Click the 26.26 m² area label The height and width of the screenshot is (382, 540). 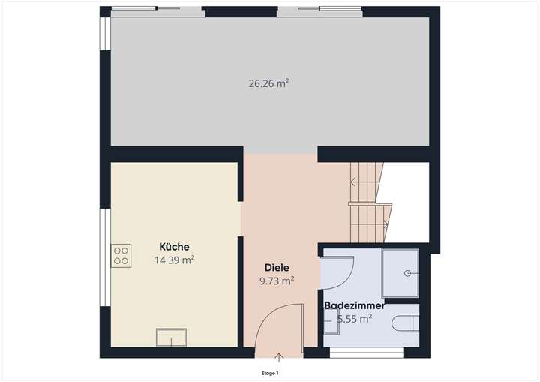[x=268, y=84]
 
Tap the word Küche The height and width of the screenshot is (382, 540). [x=174, y=247]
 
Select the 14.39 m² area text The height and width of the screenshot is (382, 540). [x=174, y=260]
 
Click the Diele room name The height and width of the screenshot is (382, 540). [x=277, y=268]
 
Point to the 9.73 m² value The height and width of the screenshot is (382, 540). [x=277, y=281]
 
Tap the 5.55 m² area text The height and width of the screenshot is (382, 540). [x=355, y=319]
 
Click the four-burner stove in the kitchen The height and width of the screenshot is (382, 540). [x=121, y=256]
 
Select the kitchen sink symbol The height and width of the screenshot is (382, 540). [x=172, y=338]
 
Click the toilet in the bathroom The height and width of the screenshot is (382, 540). [x=406, y=322]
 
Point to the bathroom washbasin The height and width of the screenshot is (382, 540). [x=328, y=321]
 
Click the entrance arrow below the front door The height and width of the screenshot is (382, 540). [x=280, y=355]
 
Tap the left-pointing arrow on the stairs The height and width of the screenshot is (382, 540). [x=353, y=181]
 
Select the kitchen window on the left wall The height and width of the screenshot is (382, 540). [x=104, y=259]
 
